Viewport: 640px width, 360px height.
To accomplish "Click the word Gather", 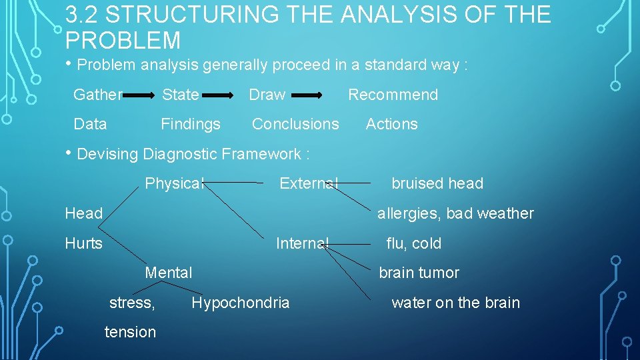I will pyautogui.click(x=97, y=95).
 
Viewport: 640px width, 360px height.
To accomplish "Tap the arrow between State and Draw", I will pyautogui.click(x=221, y=96).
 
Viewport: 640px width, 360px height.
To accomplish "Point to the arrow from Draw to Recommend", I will pyautogui.click(x=307, y=96).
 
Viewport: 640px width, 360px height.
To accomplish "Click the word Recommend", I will pyautogui.click(x=393, y=95).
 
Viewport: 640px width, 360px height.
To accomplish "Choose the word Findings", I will pyautogui.click(x=190, y=124).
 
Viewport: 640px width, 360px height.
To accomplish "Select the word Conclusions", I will pyautogui.click(x=295, y=124).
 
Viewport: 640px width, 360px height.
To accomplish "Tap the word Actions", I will pyautogui.click(x=391, y=124).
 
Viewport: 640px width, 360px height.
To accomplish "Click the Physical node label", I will pyautogui.click(x=174, y=183).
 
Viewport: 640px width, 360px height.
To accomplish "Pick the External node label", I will pyautogui.click(x=309, y=183).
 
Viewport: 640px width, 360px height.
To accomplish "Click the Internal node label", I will pyautogui.click(x=303, y=243).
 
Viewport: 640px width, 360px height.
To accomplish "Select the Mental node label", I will pyautogui.click(x=169, y=273).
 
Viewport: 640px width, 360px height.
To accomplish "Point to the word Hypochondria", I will pyautogui.click(x=241, y=303).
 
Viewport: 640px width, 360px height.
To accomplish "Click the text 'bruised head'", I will pyautogui.click(x=437, y=183).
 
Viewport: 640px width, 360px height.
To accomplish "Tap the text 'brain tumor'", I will pyautogui.click(x=419, y=273).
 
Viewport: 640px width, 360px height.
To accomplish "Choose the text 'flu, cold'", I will pyautogui.click(x=413, y=243).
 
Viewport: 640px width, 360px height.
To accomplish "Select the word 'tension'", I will pyautogui.click(x=131, y=332).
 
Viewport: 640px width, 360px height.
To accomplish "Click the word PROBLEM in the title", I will pyautogui.click(x=123, y=41).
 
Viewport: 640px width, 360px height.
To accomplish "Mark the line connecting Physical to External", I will pyautogui.click(x=233, y=182).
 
